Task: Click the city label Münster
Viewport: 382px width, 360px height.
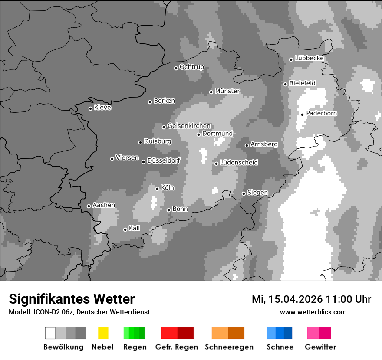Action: point(227,91)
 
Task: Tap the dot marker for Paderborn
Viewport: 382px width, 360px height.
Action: point(303,115)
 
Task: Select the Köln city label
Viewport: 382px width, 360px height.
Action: point(168,188)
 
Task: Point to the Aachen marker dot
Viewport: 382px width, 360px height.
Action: point(89,206)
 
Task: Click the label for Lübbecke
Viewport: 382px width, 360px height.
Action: point(309,58)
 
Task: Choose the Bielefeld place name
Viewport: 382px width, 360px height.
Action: point(302,83)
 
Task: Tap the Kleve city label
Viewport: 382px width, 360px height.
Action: point(102,108)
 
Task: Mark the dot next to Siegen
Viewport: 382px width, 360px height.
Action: point(244,193)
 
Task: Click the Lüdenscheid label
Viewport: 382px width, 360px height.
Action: point(239,163)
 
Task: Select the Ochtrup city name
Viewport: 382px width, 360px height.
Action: point(192,67)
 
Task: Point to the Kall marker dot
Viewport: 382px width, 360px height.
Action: point(125,229)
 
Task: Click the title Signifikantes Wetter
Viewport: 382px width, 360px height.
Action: point(72,299)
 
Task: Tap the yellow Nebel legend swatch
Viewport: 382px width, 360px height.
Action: point(103,333)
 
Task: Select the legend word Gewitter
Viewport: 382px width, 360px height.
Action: point(320,347)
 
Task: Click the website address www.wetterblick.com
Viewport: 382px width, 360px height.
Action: point(313,312)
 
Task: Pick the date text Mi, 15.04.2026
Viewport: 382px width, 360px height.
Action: point(287,299)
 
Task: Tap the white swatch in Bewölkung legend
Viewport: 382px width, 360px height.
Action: point(50,333)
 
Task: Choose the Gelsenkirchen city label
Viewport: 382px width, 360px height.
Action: point(189,126)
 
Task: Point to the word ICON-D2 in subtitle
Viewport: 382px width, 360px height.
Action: point(46,312)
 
